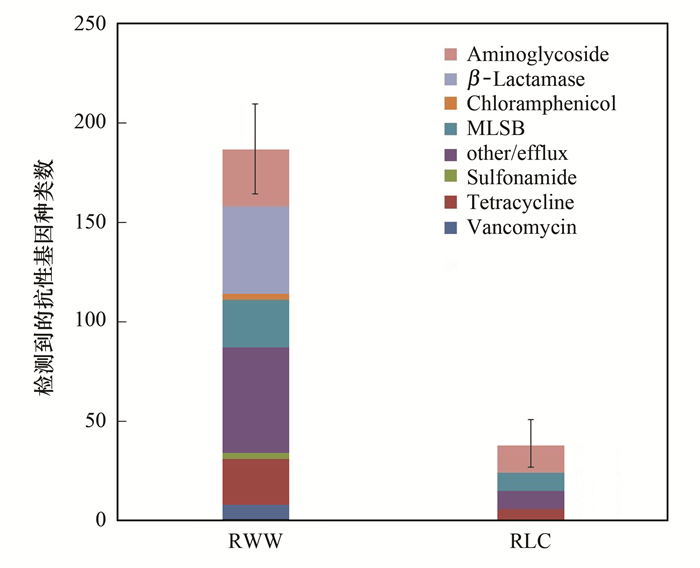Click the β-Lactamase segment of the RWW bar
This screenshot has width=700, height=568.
(x=255, y=250)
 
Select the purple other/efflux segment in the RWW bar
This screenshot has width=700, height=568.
(x=255, y=400)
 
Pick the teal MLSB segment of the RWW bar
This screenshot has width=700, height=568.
(x=255, y=323)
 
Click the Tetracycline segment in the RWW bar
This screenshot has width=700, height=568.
(x=255, y=482)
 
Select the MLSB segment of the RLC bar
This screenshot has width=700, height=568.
(x=530, y=482)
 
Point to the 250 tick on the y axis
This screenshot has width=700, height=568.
(x=90, y=24)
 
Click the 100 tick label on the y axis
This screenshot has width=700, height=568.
(x=90, y=322)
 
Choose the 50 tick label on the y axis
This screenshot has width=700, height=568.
(x=95, y=421)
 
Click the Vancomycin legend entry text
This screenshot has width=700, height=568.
(x=522, y=228)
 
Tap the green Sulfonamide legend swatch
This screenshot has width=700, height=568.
(x=450, y=178)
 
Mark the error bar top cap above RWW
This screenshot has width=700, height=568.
(x=255, y=104)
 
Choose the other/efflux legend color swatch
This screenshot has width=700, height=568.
(x=450, y=153)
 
